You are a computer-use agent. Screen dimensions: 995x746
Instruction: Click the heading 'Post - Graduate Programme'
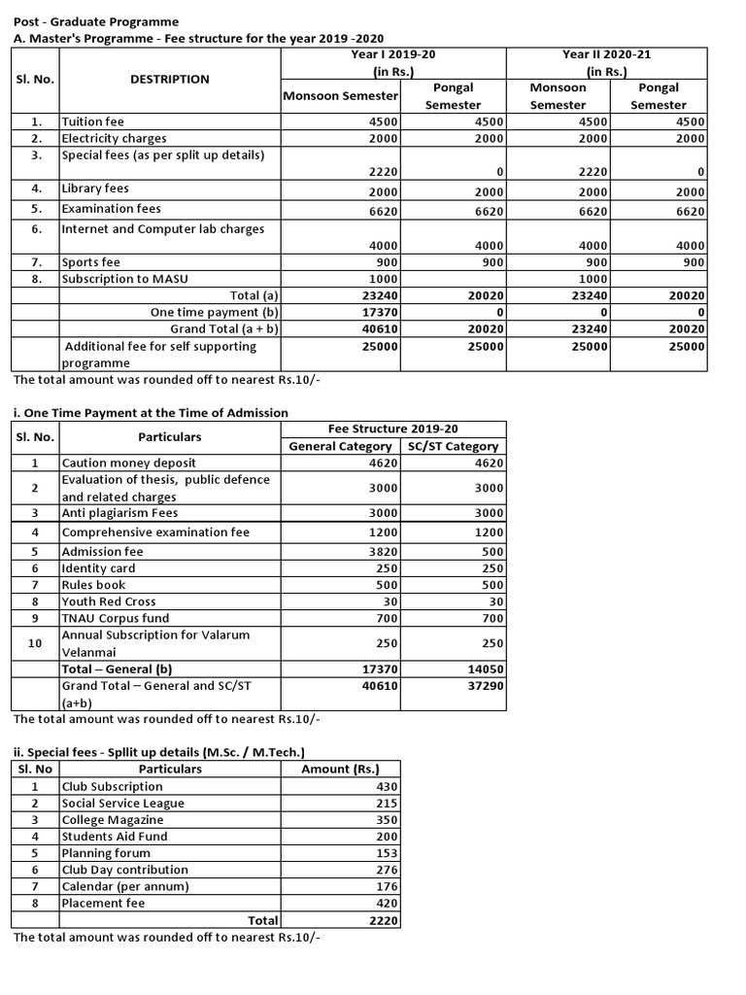(x=96, y=21)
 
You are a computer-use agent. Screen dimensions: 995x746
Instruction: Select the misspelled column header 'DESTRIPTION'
(x=170, y=80)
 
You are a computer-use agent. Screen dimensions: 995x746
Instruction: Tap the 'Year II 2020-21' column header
(x=606, y=54)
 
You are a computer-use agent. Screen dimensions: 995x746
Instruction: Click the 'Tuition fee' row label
(x=93, y=122)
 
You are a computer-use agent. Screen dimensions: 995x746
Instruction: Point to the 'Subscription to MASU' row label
(x=124, y=279)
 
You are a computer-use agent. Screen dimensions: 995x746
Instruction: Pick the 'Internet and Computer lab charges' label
(x=162, y=229)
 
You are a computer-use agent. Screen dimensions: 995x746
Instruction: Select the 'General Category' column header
(x=340, y=446)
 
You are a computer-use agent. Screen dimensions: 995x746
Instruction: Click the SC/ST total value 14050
(x=483, y=669)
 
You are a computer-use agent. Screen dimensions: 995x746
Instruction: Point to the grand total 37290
(x=483, y=686)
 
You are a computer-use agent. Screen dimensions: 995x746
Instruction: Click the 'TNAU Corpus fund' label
(x=115, y=618)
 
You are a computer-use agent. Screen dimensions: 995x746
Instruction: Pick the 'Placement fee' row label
(x=103, y=903)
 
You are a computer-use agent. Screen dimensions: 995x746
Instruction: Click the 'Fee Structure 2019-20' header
(x=392, y=429)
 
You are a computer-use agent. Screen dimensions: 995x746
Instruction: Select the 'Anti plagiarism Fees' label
(x=119, y=513)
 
